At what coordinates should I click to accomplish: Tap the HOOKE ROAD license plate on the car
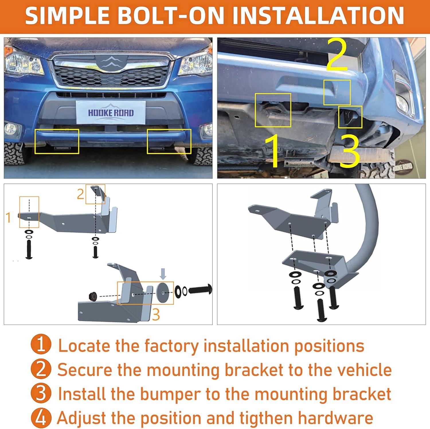point(111,113)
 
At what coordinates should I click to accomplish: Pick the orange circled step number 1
point(41,345)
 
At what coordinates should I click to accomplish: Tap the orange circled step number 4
point(41,418)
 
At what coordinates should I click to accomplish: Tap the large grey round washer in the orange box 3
point(163,293)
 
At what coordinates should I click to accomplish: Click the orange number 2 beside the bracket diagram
point(81,194)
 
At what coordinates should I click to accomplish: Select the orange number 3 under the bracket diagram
point(156,315)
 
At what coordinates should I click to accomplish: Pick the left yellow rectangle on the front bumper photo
point(57,141)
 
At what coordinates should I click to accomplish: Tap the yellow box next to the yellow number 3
point(350,117)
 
